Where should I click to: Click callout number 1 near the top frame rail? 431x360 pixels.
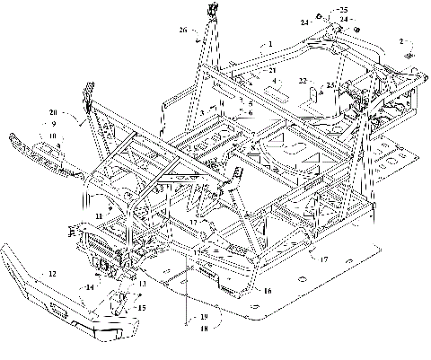click(x=270, y=43)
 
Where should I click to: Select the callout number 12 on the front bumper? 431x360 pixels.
click(x=52, y=272)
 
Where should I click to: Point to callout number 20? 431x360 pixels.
click(x=53, y=112)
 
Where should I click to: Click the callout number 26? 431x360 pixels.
click(x=183, y=30)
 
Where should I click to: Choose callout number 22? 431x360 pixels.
click(x=303, y=80)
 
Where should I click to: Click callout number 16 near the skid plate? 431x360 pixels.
click(x=267, y=291)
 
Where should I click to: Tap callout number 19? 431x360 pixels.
click(x=204, y=317)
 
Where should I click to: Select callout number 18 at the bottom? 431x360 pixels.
click(x=204, y=329)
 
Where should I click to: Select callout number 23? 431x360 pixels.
click(x=330, y=85)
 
